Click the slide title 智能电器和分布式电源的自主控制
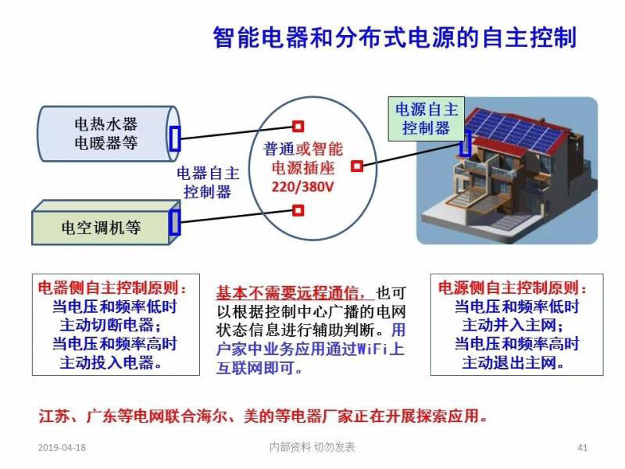[x=395, y=38]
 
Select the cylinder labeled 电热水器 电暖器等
[x=105, y=134]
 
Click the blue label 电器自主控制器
[x=208, y=181]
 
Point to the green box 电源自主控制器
[x=427, y=118]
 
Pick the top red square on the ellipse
[x=298, y=126]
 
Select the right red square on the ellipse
[x=356, y=166]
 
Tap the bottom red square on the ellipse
[x=298, y=209]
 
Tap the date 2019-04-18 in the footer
[x=62, y=448]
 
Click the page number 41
[x=581, y=448]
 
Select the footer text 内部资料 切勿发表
[x=312, y=447]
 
